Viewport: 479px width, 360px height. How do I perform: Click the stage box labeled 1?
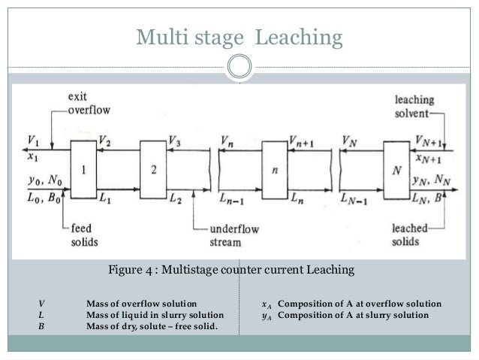83,171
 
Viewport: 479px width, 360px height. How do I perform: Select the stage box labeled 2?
153,171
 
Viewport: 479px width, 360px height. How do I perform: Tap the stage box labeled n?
275,171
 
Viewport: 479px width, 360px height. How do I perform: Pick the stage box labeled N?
396,171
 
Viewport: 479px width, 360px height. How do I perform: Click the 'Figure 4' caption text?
231,268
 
